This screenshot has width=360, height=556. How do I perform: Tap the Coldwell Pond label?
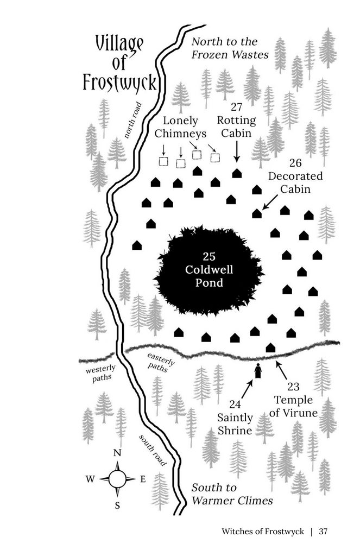[x=209, y=269]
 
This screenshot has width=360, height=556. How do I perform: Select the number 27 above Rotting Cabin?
[x=237, y=106]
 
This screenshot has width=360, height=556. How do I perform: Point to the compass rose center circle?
[x=117, y=479]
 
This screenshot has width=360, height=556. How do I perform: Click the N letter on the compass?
[x=117, y=453]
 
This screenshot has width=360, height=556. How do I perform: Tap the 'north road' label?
[x=133, y=120]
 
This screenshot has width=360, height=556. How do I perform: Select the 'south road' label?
[x=152, y=450]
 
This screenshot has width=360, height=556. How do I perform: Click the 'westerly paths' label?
[x=101, y=374]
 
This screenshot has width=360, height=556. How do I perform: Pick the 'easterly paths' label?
[x=160, y=362]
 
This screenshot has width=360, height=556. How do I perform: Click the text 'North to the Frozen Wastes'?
[x=230, y=48]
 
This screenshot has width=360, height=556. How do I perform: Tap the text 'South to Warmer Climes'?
[x=232, y=494]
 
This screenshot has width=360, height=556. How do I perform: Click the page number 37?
[x=323, y=531]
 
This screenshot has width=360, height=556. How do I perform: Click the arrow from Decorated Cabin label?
[x=270, y=202]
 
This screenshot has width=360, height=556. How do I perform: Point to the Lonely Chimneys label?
[x=180, y=127]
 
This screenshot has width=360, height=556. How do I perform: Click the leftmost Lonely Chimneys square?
[x=163, y=161]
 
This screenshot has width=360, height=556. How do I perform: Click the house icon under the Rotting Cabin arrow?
[x=237, y=173]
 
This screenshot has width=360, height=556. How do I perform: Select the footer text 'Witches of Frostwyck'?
[x=263, y=531]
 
